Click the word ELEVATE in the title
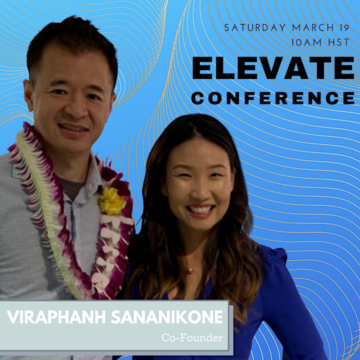click(x=273, y=68)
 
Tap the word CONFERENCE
click(x=273, y=98)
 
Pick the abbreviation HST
click(x=338, y=42)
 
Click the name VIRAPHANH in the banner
click(x=56, y=317)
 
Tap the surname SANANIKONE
click(x=167, y=317)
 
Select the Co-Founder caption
click(x=192, y=337)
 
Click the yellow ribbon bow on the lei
click(x=112, y=201)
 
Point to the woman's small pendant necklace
click(x=189, y=270)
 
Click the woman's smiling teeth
click(x=199, y=209)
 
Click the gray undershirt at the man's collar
click(x=72, y=187)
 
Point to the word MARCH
click(x=312, y=28)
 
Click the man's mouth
click(x=73, y=128)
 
